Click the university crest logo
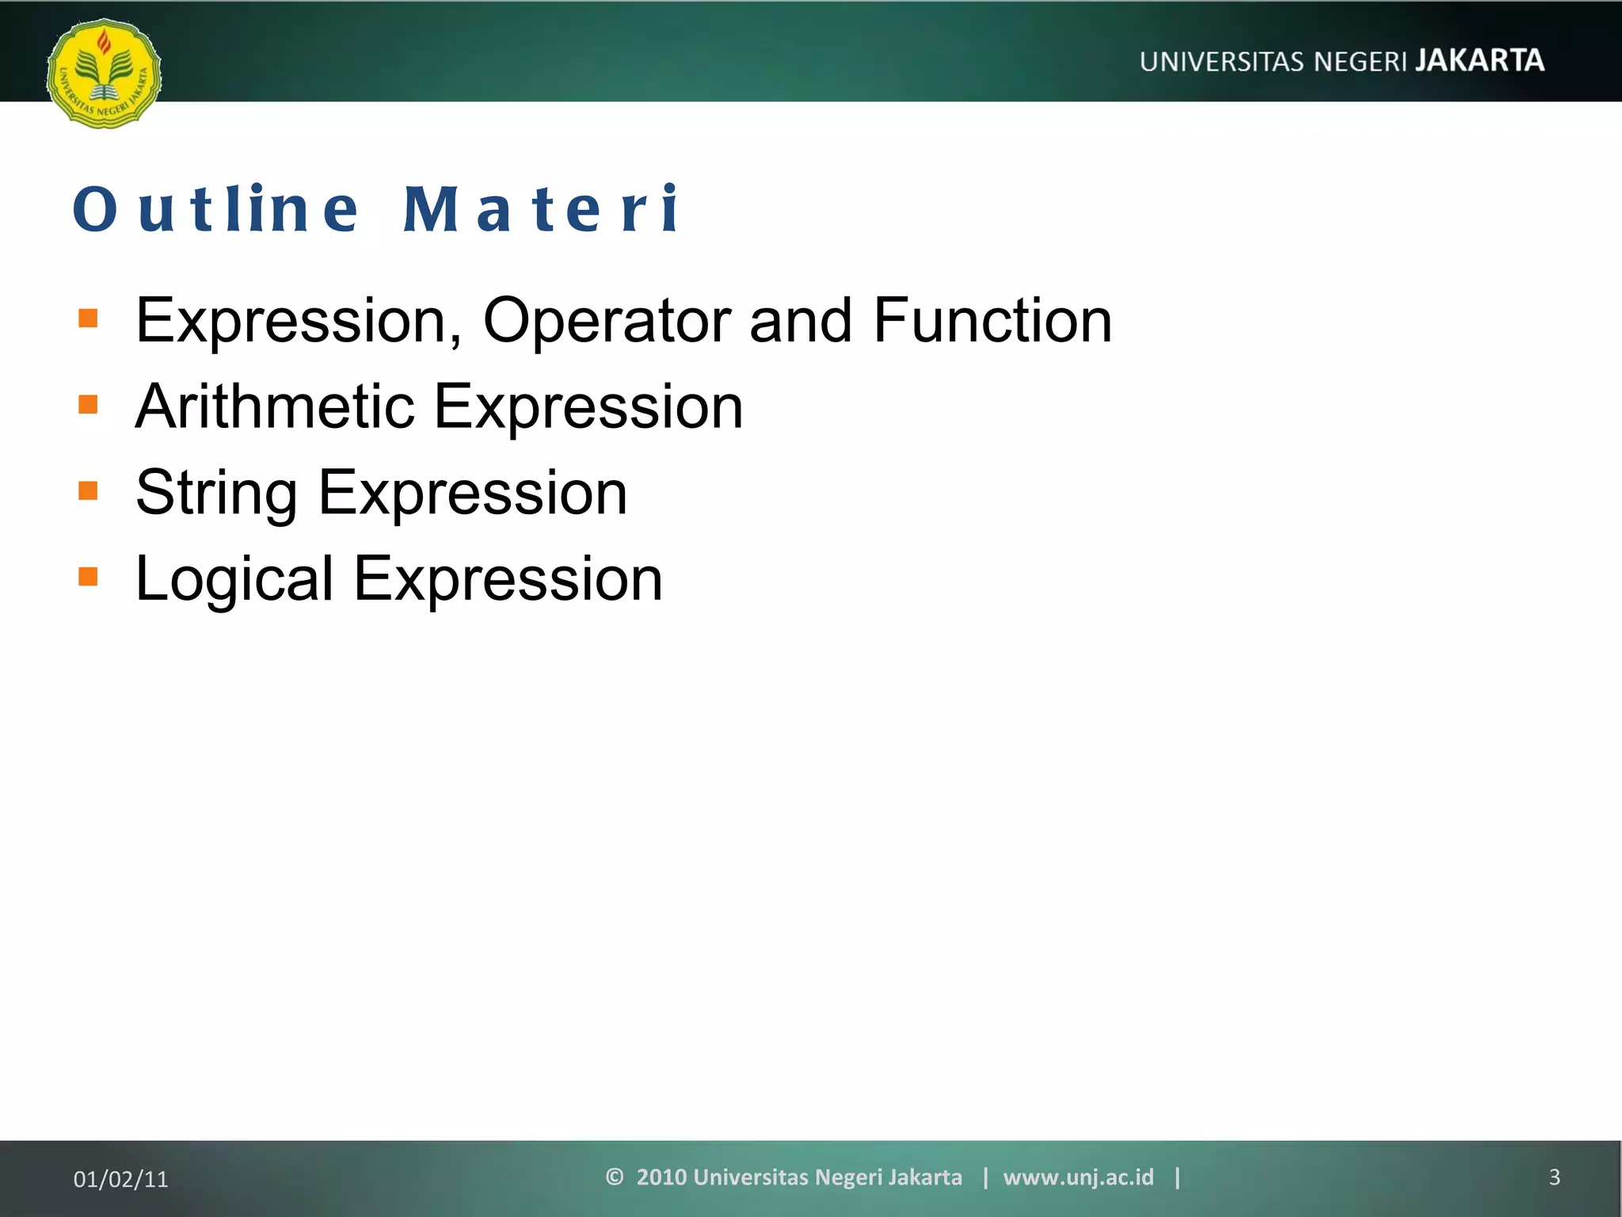pos(104,74)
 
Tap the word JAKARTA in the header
pos(1479,61)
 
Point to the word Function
pos(992,321)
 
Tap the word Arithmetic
pos(275,406)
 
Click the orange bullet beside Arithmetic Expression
pos(88,405)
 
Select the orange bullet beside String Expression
pos(88,491)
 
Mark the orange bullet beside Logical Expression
pos(88,577)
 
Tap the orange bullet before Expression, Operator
pos(88,319)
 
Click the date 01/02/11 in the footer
pos(120,1179)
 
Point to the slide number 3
pos(1554,1177)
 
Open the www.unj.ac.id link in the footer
pos(1078,1177)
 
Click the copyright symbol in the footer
pos(614,1177)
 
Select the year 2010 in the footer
pos(661,1177)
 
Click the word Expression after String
pos(473,494)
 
